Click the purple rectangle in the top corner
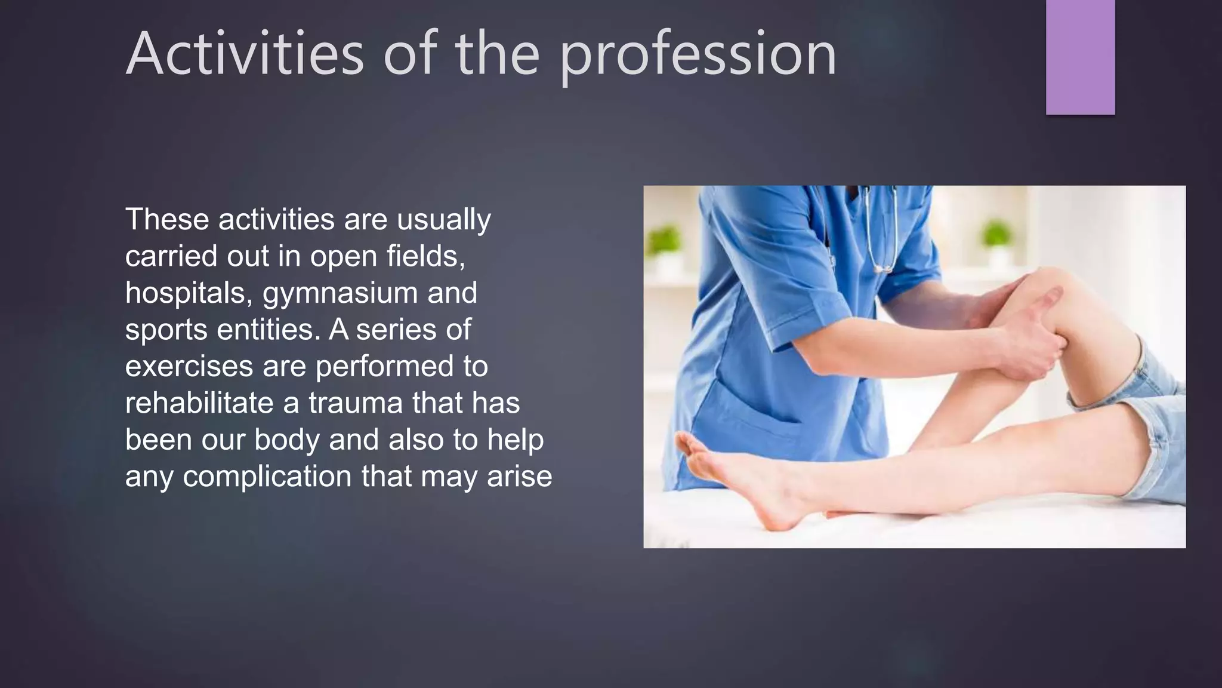(x=1080, y=57)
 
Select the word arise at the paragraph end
(x=519, y=477)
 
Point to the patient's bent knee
(x=1050, y=287)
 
